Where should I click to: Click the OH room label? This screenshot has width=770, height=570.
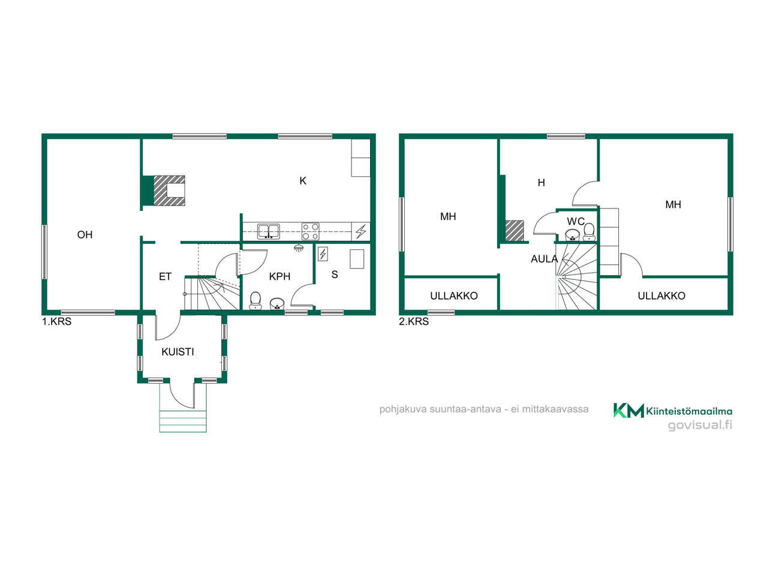85,235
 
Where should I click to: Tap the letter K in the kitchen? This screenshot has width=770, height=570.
303,181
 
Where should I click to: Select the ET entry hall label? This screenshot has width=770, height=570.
166,277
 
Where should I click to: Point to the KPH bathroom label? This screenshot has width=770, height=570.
279,277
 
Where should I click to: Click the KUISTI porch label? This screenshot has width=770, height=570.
178,352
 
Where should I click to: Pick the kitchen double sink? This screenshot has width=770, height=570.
268,231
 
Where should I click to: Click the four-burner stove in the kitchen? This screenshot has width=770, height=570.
311,231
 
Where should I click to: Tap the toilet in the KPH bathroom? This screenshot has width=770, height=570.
255,300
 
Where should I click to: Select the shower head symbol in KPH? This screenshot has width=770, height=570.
298,248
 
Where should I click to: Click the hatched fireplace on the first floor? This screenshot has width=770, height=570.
169,191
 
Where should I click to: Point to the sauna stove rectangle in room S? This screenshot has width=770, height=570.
357,259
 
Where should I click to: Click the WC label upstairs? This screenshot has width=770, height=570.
576,221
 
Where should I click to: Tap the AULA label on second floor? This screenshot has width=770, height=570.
544,259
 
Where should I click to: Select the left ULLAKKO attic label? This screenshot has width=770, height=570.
454,295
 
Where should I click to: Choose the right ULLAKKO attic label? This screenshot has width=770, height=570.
661,295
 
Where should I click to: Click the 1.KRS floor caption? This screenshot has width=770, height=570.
56,321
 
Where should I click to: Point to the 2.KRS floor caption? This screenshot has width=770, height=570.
413,321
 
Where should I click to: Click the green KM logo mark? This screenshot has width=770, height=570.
628,410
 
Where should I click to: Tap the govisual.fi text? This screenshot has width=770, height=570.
700,425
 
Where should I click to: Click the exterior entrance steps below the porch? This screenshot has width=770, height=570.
183,421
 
